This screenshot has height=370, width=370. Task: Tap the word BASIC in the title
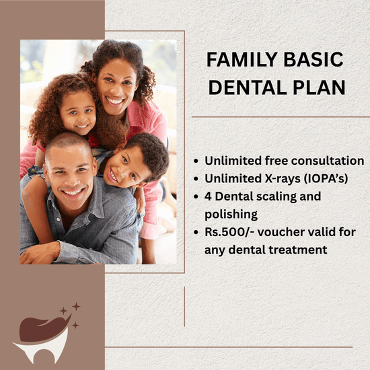click(313, 59)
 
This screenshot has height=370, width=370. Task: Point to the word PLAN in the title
click(320, 87)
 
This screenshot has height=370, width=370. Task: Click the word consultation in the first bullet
click(328, 161)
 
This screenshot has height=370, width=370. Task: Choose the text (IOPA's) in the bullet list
click(326, 179)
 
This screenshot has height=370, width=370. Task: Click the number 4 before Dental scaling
click(208, 196)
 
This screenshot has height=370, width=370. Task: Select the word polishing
click(231, 215)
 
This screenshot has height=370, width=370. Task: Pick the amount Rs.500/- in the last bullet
click(229, 232)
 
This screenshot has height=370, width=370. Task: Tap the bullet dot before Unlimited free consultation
click(196, 161)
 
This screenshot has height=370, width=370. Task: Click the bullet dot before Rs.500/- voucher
click(196, 233)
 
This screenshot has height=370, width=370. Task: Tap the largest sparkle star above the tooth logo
click(76, 307)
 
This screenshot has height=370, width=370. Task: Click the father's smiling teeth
click(73, 192)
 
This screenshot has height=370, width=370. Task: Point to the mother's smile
click(114, 100)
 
